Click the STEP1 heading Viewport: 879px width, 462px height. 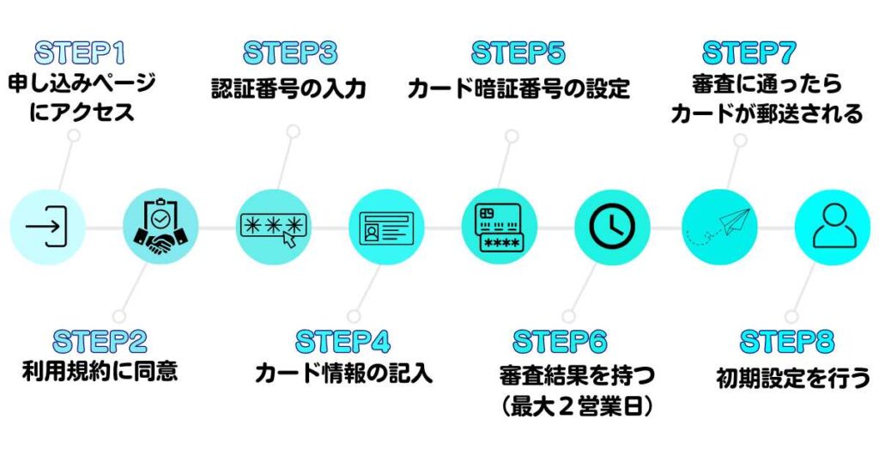80,53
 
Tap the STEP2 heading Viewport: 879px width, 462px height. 100,341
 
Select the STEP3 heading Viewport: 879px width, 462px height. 290,53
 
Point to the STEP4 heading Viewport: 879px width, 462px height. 343,341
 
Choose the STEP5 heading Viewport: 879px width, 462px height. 518,53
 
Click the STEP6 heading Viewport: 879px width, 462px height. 560,341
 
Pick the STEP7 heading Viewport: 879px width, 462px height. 749,53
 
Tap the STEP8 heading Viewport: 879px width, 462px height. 787,341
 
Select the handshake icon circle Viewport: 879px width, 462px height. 161,227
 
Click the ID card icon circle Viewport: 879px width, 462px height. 386,227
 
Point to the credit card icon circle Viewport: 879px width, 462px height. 500,227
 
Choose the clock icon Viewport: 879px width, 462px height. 612,227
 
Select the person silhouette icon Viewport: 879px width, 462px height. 832,227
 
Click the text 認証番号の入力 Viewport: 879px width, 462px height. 289,88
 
